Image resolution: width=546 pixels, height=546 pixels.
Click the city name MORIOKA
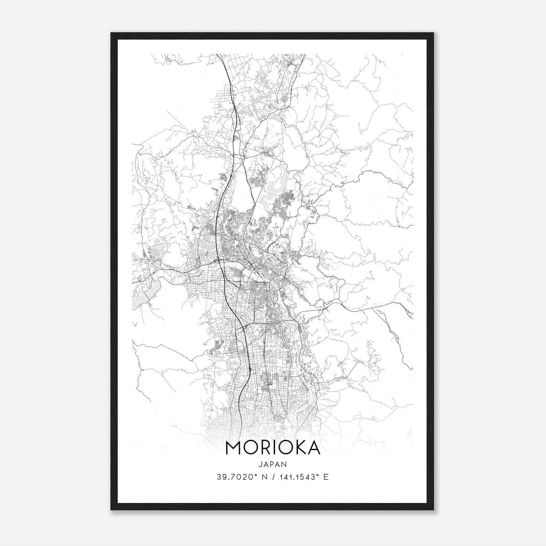tap(273, 448)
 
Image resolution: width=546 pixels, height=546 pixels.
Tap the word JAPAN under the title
tap(273, 464)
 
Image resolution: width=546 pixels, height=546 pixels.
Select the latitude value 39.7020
tap(236, 477)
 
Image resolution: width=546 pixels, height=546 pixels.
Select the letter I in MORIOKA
tap(275, 448)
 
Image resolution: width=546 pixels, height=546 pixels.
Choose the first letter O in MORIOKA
tap(250, 448)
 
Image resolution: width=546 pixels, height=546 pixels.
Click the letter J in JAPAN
tap(261, 464)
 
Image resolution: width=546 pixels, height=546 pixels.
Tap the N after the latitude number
tap(263, 477)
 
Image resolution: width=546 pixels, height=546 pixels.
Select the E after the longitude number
tap(326, 477)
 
